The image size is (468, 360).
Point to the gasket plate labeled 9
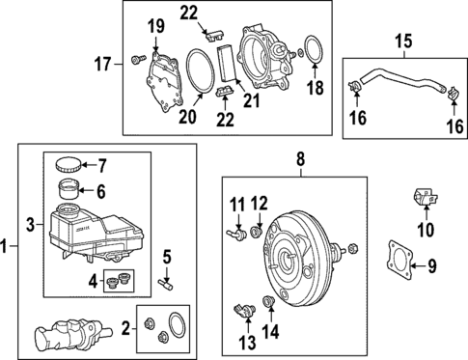[x=397, y=261]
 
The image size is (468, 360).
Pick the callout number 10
[x=421, y=229]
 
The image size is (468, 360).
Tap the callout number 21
[x=256, y=98]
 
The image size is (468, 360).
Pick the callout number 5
[x=166, y=256]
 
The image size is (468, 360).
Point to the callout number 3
[x=31, y=225]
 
